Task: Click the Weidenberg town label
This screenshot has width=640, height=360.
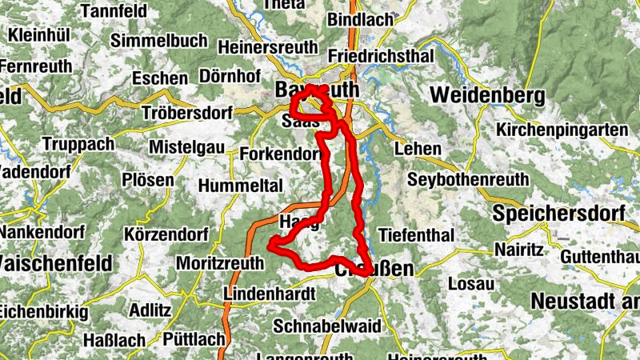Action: pos(487,95)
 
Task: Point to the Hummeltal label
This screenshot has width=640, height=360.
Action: pos(241,186)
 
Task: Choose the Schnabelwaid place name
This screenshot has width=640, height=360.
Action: pos(323,326)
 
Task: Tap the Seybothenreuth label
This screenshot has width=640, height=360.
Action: pos(467,181)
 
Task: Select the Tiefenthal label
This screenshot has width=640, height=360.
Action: pos(415,235)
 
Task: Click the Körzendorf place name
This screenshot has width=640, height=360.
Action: pos(166,234)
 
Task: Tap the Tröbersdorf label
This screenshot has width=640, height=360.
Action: pos(186,111)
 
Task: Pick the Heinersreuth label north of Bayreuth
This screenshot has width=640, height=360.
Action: pos(267,47)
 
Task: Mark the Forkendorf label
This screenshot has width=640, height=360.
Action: pos(279,154)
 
